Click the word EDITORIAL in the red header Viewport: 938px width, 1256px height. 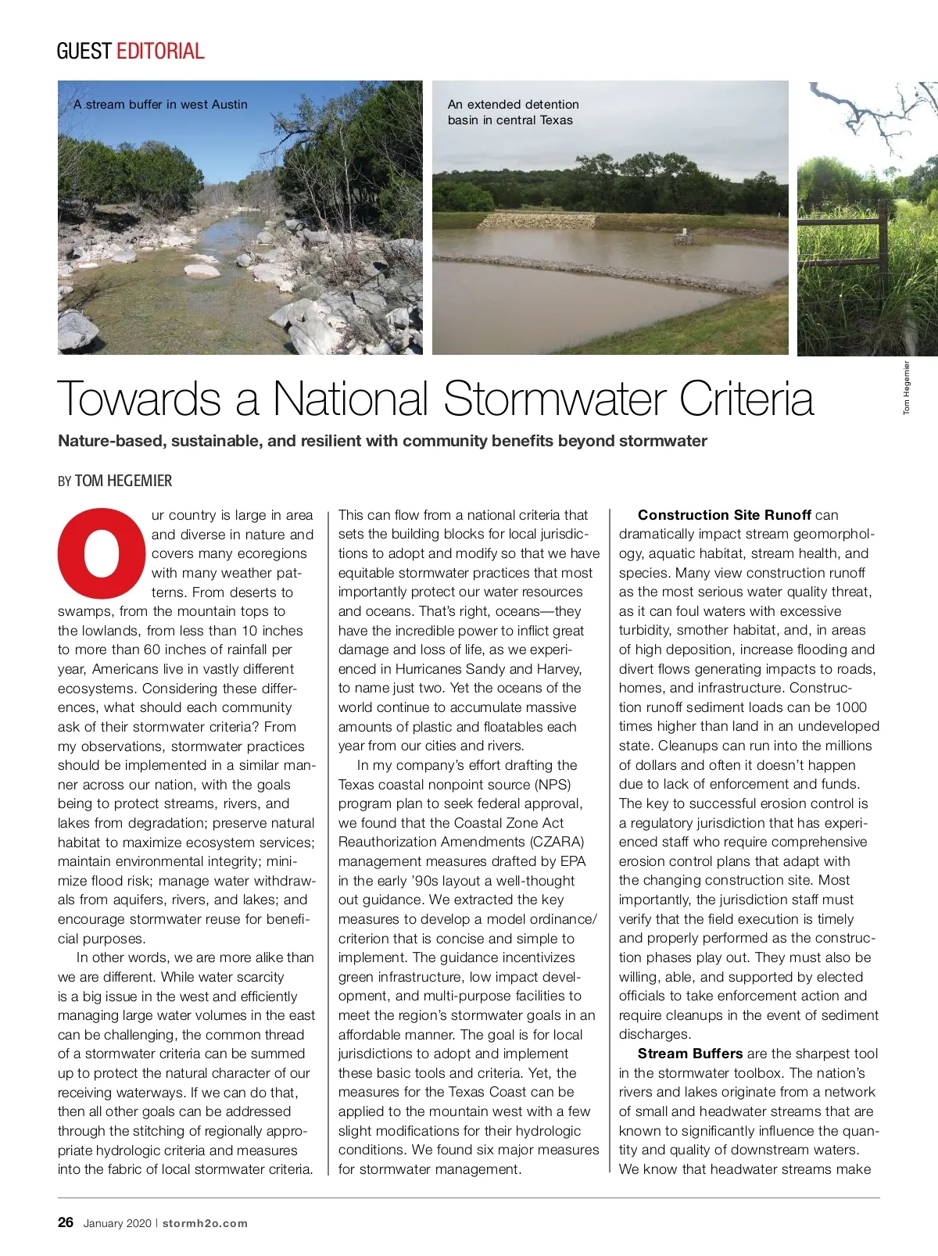[x=160, y=52]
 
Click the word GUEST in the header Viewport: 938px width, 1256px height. [x=84, y=52]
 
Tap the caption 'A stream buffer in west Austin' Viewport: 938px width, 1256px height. [x=160, y=104]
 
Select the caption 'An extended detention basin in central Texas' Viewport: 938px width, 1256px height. [x=513, y=112]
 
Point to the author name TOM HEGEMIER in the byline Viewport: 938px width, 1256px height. [x=124, y=481]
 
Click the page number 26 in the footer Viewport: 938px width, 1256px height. [x=66, y=1222]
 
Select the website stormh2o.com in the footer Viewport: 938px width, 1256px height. [x=205, y=1223]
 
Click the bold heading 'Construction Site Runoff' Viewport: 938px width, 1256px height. [x=724, y=515]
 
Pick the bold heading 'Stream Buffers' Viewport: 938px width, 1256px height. [x=689, y=1054]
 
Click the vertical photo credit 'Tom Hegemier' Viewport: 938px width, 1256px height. [x=907, y=388]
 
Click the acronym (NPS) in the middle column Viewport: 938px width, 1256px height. [x=552, y=784]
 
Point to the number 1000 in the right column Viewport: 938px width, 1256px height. [x=850, y=707]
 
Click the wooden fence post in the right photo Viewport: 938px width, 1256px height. [x=883, y=242]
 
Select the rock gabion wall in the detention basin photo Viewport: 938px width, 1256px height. [x=537, y=220]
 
